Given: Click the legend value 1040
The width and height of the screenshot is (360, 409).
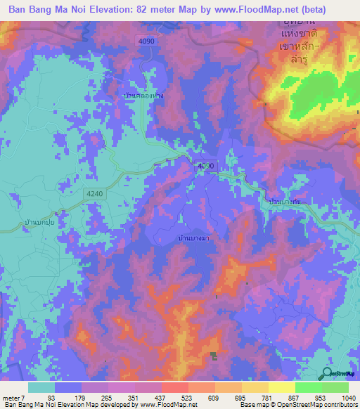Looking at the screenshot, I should tap(341, 398).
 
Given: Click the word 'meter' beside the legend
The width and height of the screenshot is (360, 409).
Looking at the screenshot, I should tap(11, 398).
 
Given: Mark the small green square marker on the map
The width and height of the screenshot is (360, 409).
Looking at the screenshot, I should tap(214, 357).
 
